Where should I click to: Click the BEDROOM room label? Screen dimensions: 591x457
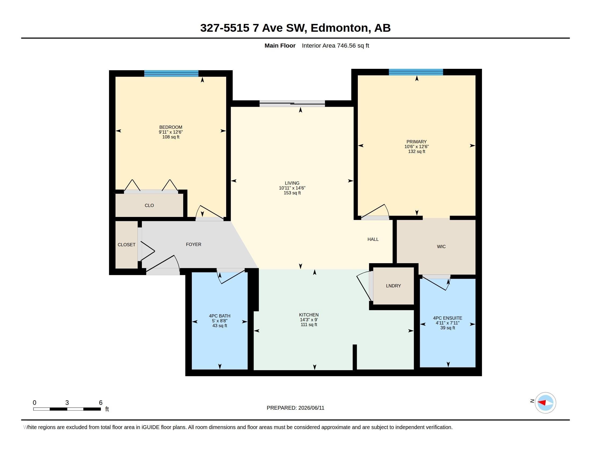[x=171, y=127]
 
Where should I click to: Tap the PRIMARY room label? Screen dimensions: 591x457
[x=416, y=142]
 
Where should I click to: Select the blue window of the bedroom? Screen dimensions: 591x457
[x=171, y=73]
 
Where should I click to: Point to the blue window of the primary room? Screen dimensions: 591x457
[x=416, y=72]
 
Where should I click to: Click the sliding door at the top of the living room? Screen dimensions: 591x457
[x=292, y=103]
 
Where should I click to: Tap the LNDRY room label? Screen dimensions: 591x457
[x=394, y=285]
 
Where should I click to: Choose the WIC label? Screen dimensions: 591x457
[x=441, y=246]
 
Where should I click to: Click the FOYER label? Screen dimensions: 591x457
[x=193, y=244]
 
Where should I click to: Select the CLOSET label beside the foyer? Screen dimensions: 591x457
[x=126, y=244]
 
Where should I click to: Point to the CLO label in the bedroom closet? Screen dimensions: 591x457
[x=149, y=205]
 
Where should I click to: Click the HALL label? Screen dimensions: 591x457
[x=373, y=239]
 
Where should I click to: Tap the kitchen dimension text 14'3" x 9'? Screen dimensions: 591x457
[x=309, y=319]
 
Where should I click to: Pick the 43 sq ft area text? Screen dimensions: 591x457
[x=220, y=326]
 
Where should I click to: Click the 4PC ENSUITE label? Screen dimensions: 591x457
[x=448, y=318]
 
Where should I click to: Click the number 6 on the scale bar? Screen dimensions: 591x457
[x=101, y=403]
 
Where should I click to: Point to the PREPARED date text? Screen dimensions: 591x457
[x=295, y=408]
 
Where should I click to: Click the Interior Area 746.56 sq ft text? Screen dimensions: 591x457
[x=335, y=45]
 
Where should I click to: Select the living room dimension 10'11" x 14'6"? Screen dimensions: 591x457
[x=292, y=188]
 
